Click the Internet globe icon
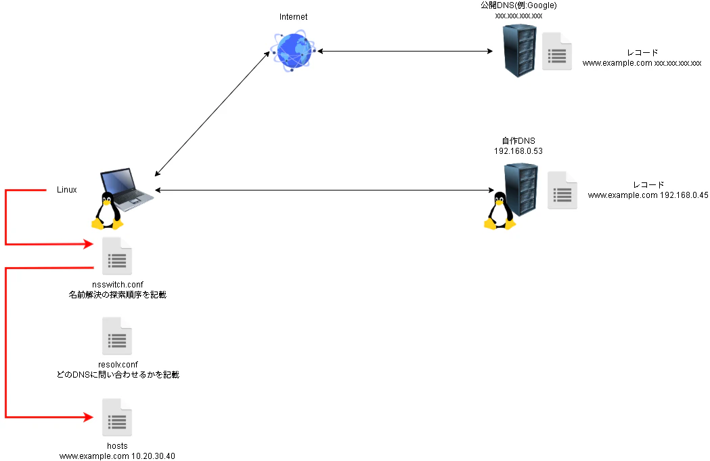293,50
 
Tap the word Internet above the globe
293,16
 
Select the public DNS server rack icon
520,49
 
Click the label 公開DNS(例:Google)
518,5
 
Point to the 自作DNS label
518,140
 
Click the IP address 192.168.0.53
518,151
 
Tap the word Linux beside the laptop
66,190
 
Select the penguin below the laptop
107,210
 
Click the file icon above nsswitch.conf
116,256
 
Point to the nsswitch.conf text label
117,285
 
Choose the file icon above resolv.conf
116,336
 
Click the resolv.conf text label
117,364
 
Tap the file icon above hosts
116,418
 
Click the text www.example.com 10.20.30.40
117,456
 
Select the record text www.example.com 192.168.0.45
648,195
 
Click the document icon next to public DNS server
557,52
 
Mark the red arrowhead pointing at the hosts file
88,417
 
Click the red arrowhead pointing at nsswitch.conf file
88,243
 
